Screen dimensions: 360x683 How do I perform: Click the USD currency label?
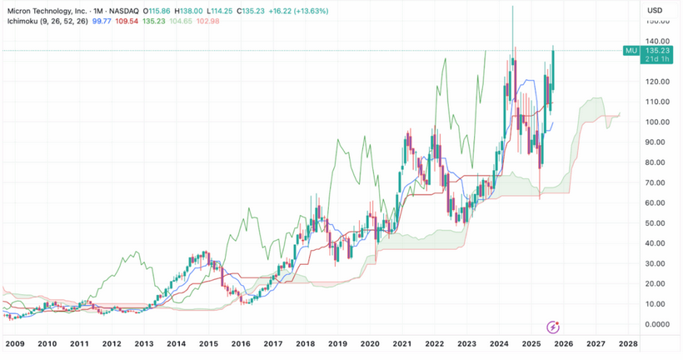[655, 10]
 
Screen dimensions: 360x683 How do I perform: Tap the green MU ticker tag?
[631, 51]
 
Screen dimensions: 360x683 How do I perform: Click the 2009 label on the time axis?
[15, 343]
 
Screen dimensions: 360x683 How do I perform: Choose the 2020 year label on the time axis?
[369, 343]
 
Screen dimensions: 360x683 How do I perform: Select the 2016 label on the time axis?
[241, 343]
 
